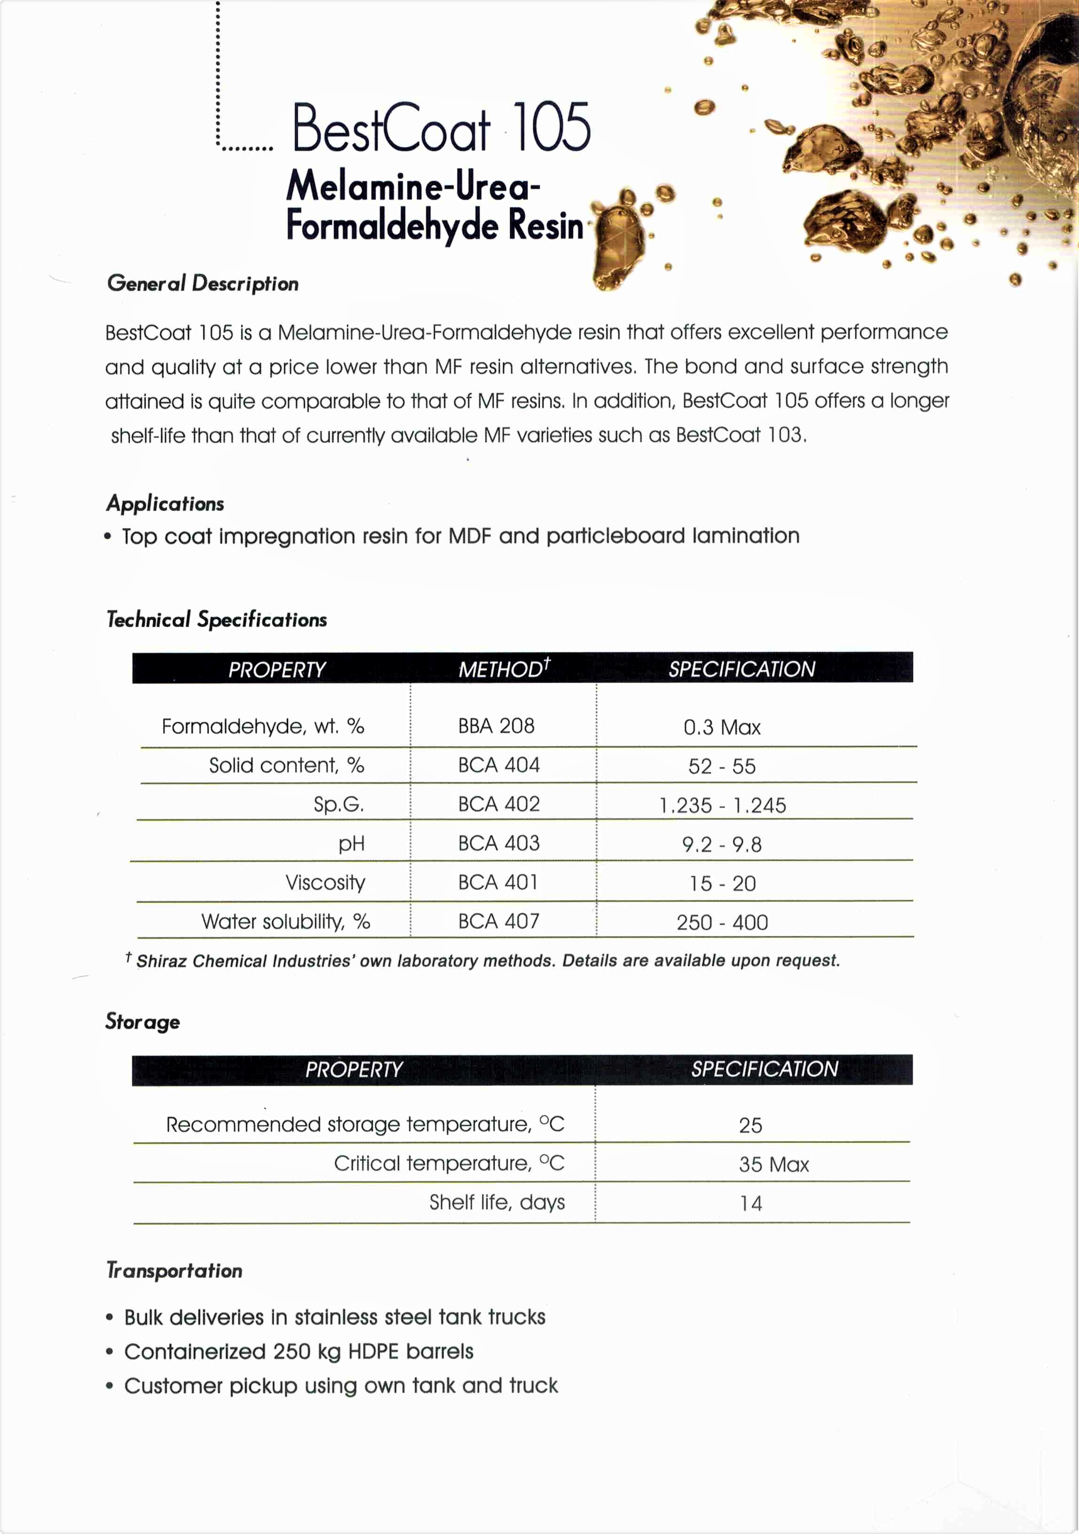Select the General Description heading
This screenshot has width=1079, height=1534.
pyautogui.click(x=202, y=283)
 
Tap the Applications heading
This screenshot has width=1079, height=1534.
pyautogui.click(x=165, y=504)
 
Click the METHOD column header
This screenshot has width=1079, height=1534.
pyautogui.click(x=503, y=669)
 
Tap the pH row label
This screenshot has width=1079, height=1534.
pyautogui.click(x=351, y=844)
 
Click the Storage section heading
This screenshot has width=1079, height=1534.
pyautogui.click(x=142, y=1021)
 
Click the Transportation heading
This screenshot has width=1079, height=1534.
pyautogui.click(x=174, y=1270)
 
